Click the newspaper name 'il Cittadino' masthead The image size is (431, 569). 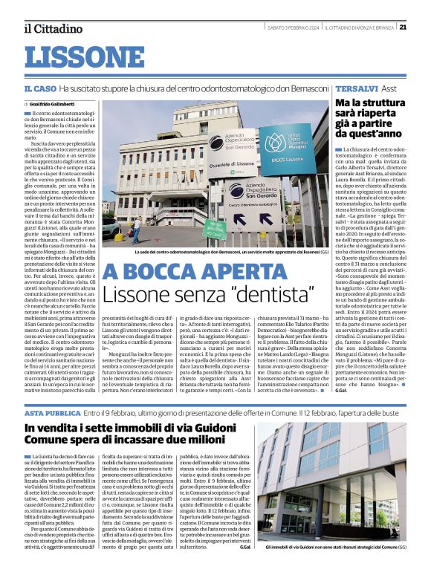coord(53,29)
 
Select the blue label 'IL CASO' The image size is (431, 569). coord(38,88)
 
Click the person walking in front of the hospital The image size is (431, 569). coord(136,230)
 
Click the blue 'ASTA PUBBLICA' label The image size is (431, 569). coord(51,412)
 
